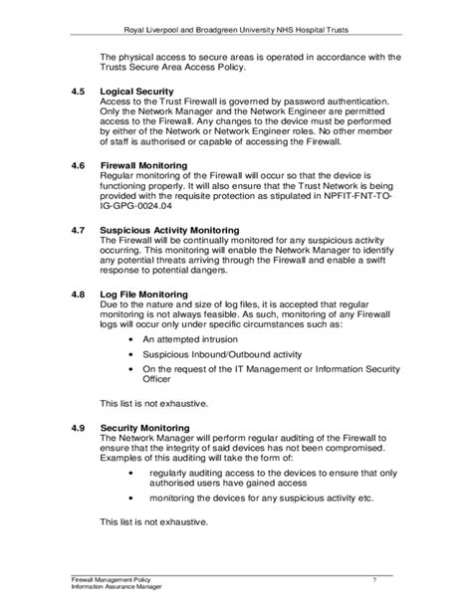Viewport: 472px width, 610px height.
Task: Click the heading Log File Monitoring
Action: click(144, 296)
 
